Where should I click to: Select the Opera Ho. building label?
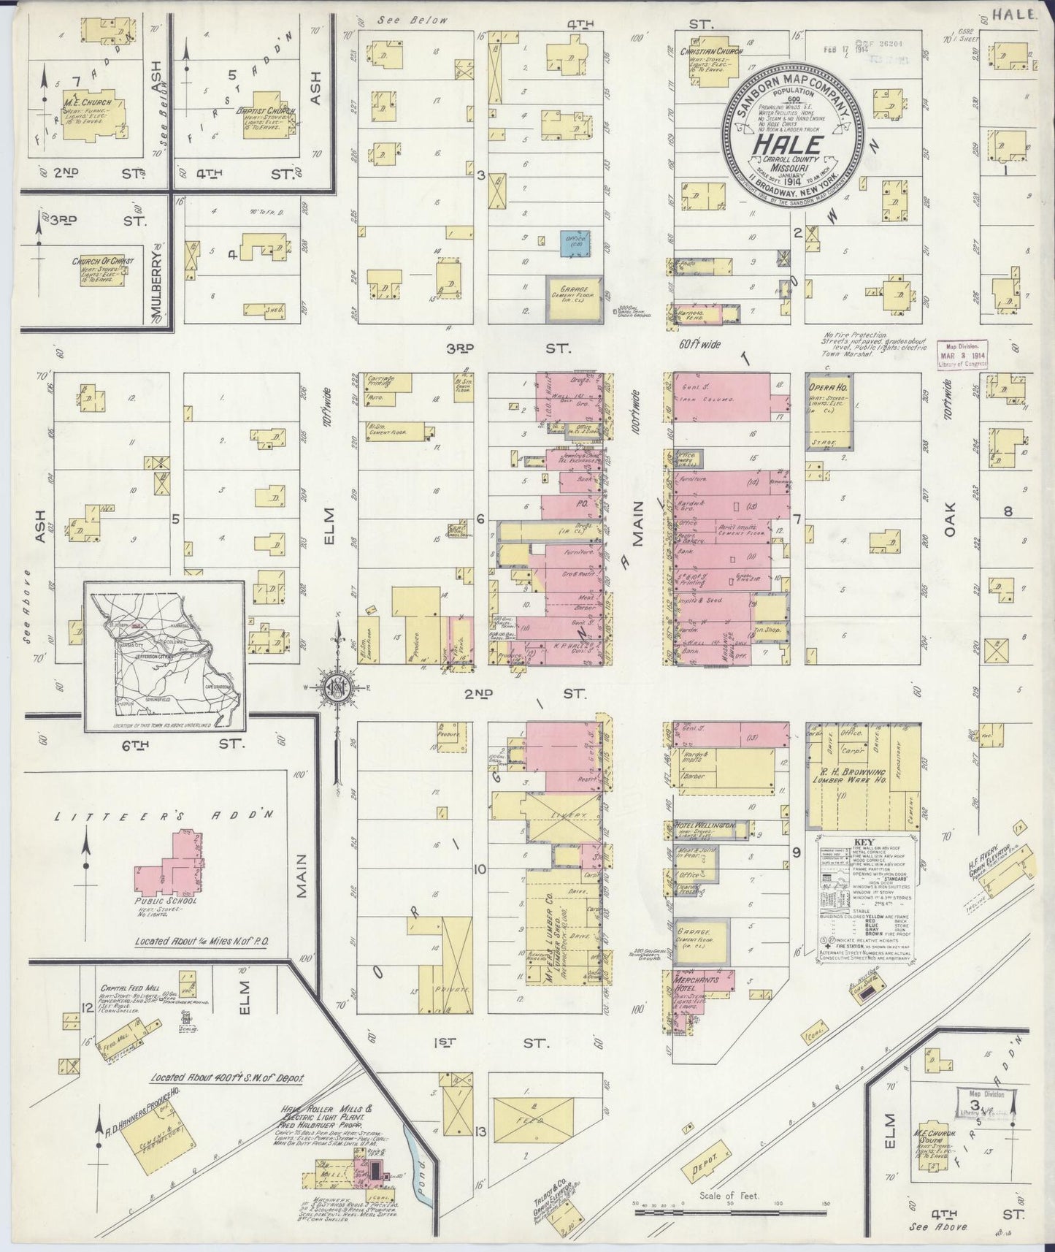pyautogui.click(x=829, y=386)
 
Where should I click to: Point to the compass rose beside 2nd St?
pyautogui.click(x=337, y=689)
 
